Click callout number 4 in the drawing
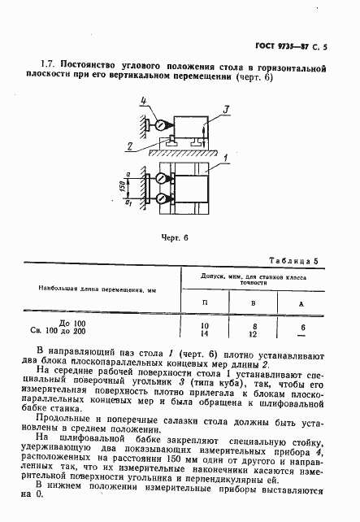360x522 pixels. [x=144, y=101]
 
